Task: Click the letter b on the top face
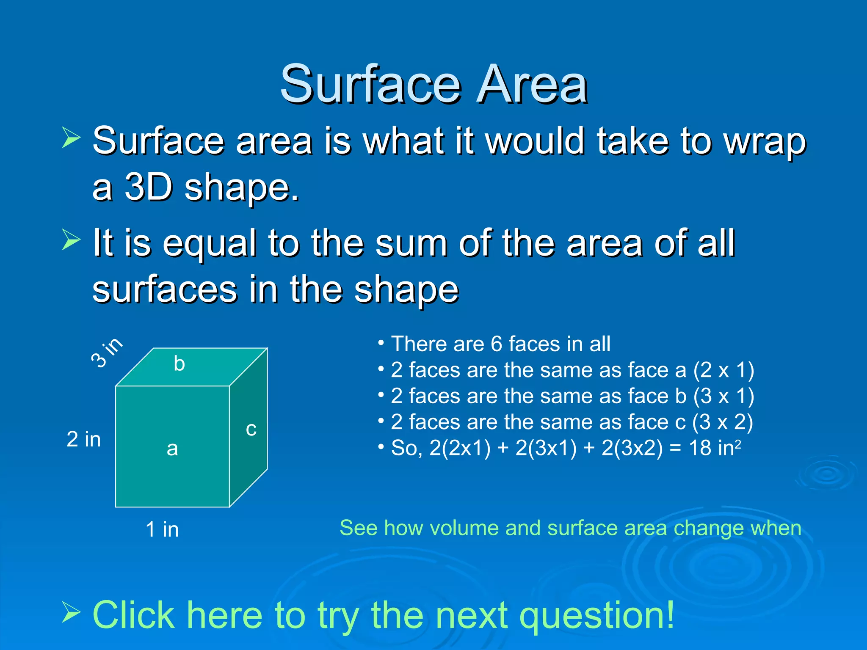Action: tap(179, 364)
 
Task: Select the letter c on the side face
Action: tap(251, 430)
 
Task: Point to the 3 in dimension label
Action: tap(107, 353)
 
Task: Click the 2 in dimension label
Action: tap(83, 439)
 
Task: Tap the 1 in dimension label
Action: tap(162, 529)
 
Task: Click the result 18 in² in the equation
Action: tap(715, 448)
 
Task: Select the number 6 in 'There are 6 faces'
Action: tap(496, 344)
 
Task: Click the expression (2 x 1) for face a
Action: tap(723, 370)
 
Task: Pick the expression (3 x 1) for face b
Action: tap(723, 396)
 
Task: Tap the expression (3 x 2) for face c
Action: tap(722, 422)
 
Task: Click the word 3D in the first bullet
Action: tap(149, 187)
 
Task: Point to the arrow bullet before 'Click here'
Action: tap(71, 613)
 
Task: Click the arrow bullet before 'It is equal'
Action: tap(71, 240)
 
